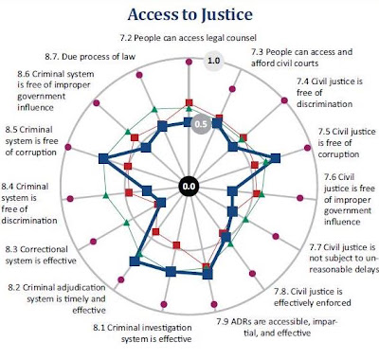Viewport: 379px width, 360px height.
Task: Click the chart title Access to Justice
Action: [x=190, y=15]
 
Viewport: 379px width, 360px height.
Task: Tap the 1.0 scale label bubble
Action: [x=213, y=61]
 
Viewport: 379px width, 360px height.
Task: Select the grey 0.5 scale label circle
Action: [x=201, y=124]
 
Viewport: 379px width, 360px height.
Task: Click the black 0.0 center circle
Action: [x=189, y=187]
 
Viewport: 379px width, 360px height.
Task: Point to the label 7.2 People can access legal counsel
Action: [x=189, y=38]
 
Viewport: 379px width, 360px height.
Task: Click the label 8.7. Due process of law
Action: [x=90, y=57]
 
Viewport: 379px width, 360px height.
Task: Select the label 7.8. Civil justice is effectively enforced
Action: [x=313, y=297]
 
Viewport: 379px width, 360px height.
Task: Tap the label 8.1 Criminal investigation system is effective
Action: [x=142, y=333]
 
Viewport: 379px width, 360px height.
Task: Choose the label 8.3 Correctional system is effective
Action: [x=41, y=255]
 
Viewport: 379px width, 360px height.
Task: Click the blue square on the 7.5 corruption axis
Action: [x=276, y=158]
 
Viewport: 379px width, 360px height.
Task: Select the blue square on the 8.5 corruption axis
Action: [x=103, y=158]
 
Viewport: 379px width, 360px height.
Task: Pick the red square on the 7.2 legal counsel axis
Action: [x=189, y=102]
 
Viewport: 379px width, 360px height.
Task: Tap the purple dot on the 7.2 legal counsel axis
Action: [x=189, y=62]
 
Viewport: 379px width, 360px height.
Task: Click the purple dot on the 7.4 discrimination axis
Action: [x=284, y=100]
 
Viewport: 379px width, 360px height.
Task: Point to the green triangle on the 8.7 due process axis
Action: [x=154, y=110]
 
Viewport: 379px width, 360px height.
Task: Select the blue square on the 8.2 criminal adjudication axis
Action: [x=135, y=261]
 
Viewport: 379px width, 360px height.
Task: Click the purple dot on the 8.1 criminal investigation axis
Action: [x=164, y=304]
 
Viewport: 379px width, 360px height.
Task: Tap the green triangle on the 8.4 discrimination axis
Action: [x=106, y=195]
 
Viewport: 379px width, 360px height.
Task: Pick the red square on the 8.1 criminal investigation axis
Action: [x=176, y=245]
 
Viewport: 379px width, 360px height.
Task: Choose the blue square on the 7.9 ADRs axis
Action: [x=208, y=274]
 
